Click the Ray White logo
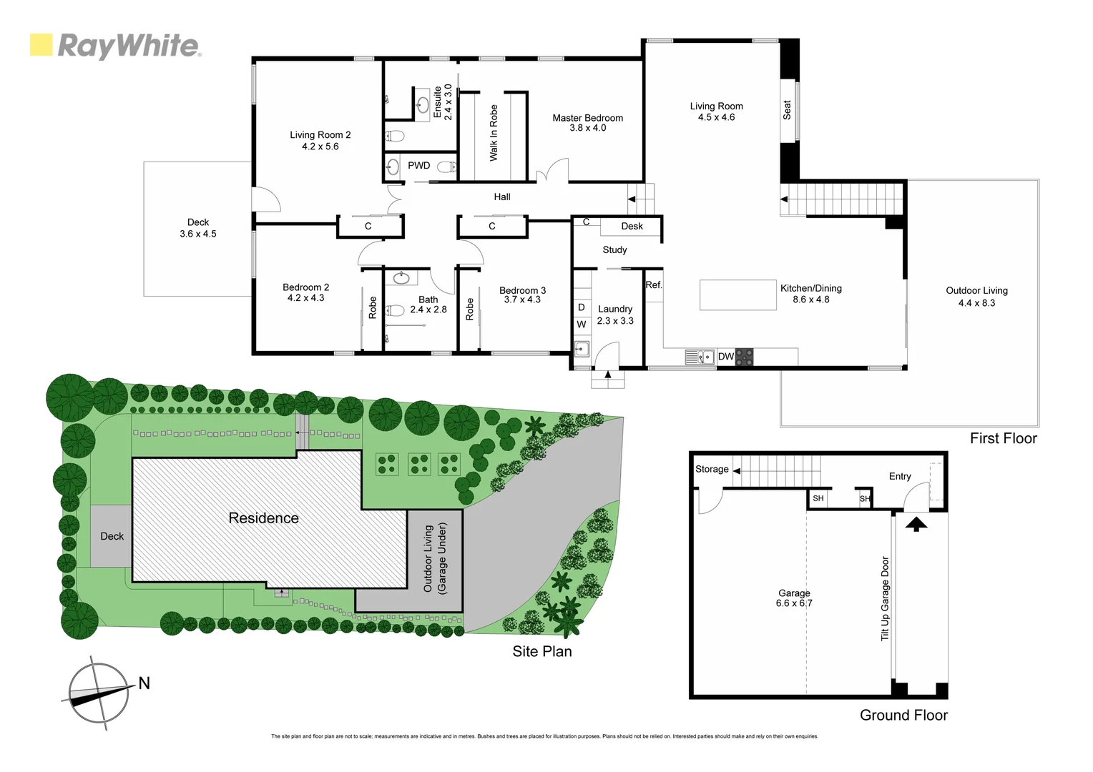click(115, 46)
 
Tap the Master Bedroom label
click(587, 118)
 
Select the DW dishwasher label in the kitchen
click(725, 356)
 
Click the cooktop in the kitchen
click(745, 356)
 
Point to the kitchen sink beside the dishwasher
click(700, 356)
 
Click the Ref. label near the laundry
click(654, 284)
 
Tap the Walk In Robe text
click(494, 133)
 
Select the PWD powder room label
click(419, 165)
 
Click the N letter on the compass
click(144, 683)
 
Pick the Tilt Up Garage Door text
click(885, 599)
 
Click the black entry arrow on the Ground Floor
click(917, 524)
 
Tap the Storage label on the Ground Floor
click(712, 469)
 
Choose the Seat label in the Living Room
click(787, 109)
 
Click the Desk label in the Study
click(632, 226)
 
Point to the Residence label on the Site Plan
click(263, 518)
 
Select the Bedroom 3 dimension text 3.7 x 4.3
click(522, 300)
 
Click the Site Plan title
click(541, 651)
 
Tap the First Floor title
click(1003, 438)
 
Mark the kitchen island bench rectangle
click(737, 295)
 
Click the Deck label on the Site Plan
click(112, 536)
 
